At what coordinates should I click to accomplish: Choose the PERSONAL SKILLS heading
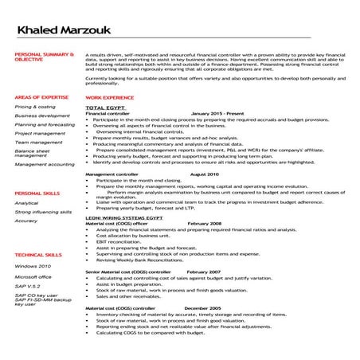(x=34, y=194)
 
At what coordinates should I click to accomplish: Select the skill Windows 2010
(x=33, y=265)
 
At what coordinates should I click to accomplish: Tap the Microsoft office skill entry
(x=33, y=276)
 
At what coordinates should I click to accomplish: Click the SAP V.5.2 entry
(x=27, y=286)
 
